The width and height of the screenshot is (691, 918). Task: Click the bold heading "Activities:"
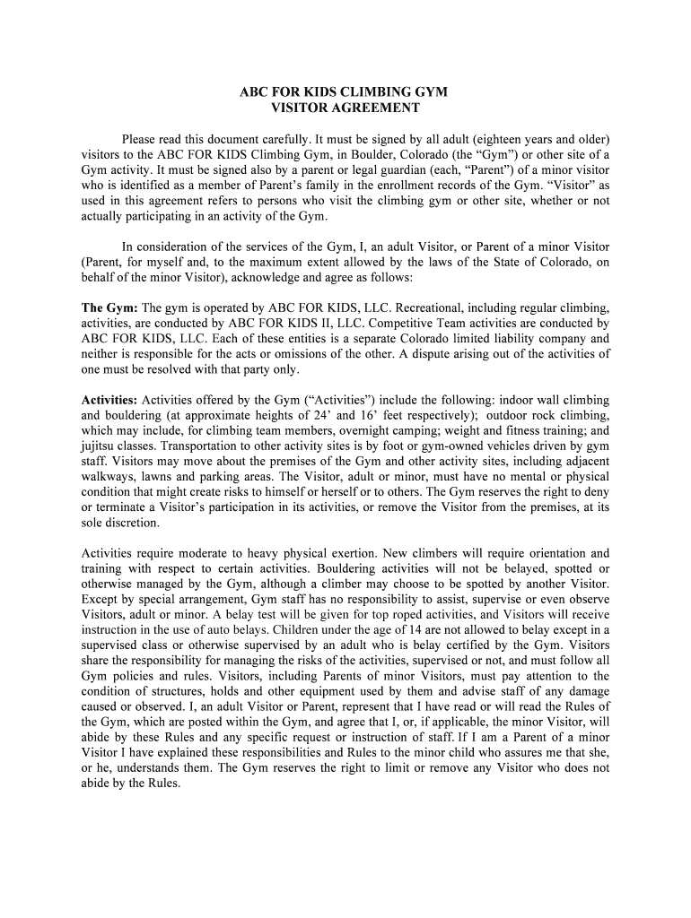[110, 400]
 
